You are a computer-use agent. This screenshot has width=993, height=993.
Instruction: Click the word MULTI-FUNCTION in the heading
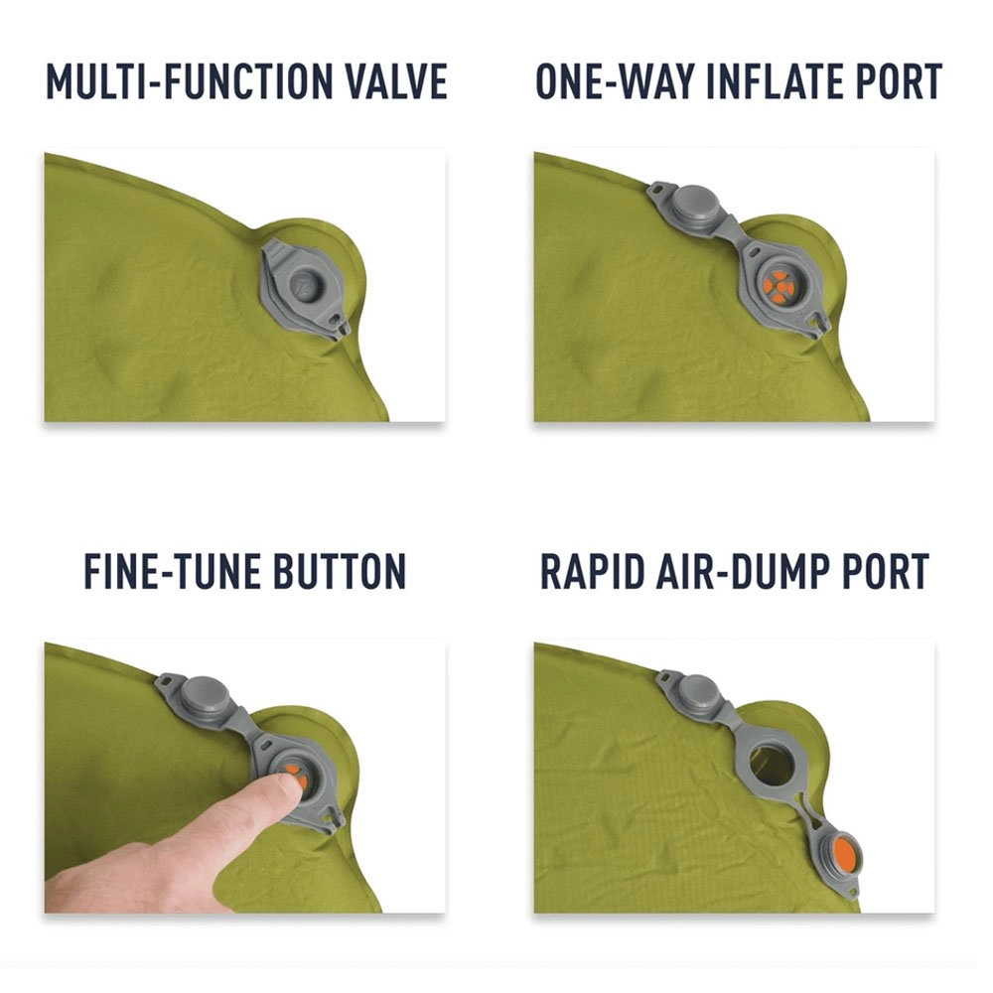(189, 81)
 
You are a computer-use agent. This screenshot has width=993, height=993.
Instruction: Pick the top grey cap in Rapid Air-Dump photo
(698, 689)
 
